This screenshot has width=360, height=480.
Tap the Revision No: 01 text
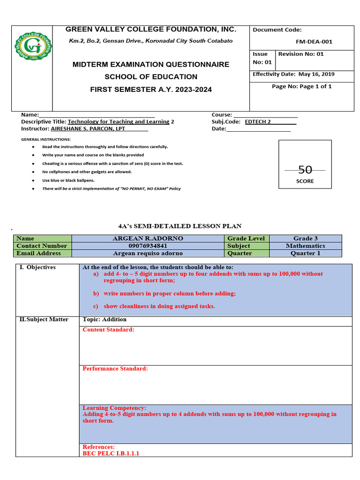point(301,54)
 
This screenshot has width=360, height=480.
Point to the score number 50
point(305,170)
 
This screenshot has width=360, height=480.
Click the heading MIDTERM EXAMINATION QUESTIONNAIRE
point(151,64)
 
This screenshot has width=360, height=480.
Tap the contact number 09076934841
point(148,246)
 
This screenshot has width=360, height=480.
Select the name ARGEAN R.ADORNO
point(148,238)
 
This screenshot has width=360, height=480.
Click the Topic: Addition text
point(105,320)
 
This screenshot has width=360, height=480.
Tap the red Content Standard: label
point(108,330)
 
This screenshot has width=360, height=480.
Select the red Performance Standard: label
point(115,368)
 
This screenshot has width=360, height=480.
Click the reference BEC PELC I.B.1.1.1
point(111,453)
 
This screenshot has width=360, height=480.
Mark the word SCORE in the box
point(305,181)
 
